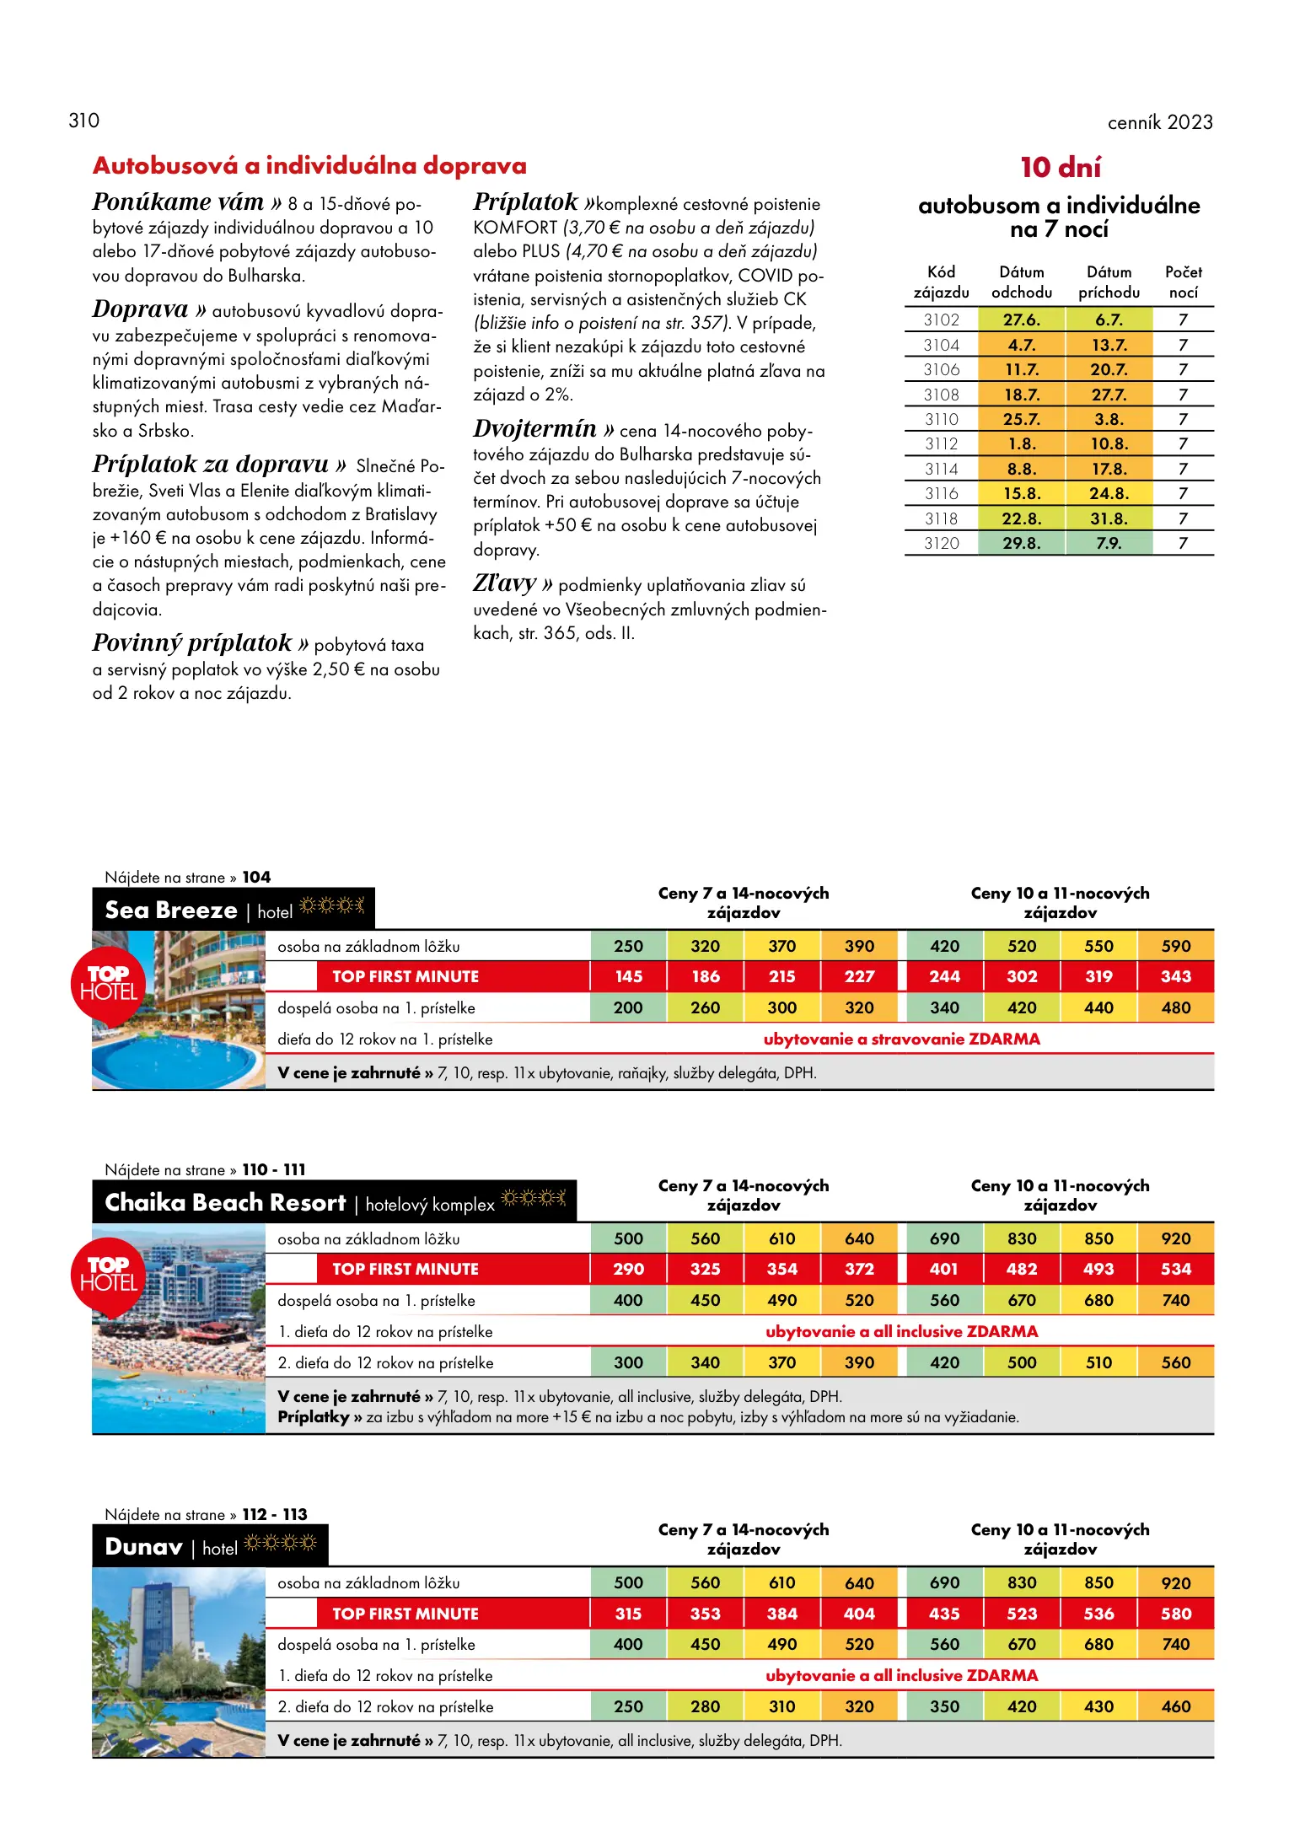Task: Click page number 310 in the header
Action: tap(83, 121)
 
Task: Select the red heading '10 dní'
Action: tap(1060, 167)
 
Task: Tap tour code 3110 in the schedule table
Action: tap(941, 419)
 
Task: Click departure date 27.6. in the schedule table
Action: tap(1021, 320)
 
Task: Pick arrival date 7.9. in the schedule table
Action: tap(1108, 543)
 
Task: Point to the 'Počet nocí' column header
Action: tap(1183, 282)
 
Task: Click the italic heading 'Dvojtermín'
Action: tap(534, 429)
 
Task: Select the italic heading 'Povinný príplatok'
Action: tap(191, 643)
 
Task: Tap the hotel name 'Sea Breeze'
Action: tap(171, 910)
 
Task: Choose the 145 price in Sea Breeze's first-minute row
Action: tap(628, 976)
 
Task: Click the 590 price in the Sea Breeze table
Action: tap(1175, 946)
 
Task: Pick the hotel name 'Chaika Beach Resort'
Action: tap(225, 1203)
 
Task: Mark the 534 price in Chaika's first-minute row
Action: tap(1175, 1269)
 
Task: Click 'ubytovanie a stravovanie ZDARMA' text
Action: tap(901, 1039)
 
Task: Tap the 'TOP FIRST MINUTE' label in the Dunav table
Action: tap(405, 1614)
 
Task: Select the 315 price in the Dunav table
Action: tap(628, 1614)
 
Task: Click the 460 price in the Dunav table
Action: tap(1175, 1706)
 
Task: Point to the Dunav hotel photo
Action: tap(179, 1662)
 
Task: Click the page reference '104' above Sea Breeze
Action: tap(256, 877)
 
